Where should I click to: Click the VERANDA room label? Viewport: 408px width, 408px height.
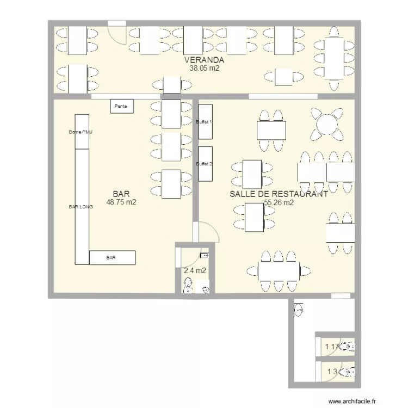pyautogui.click(x=204, y=60)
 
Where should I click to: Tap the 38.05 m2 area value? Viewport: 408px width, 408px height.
pyautogui.click(x=204, y=69)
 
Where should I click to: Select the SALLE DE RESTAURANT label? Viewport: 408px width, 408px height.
pyautogui.click(x=279, y=194)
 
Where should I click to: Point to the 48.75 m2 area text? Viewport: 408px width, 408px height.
pyautogui.click(x=121, y=202)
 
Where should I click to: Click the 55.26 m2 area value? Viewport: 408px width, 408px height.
pyautogui.click(x=279, y=203)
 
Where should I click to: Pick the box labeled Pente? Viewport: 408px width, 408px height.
pyautogui.click(x=121, y=107)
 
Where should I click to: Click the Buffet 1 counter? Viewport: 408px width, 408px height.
pyautogui.click(x=205, y=122)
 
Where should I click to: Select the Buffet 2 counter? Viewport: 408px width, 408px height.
pyautogui.click(x=205, y=164)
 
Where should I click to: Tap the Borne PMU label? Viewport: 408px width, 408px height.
pyautogui.click(x=81, y=132)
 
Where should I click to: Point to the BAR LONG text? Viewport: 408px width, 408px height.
pyautogui.click(x=81, y=207)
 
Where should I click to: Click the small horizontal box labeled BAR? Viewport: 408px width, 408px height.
pyautogui.click(x=112, y=257)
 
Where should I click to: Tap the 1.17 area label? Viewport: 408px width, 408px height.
pyautogui.click(x=331, y=345)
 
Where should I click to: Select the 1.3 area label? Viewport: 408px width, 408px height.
pyautogui.click(x=331, y=373)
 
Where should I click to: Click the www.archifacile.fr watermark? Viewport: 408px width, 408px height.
pyautogui.click(x=351, y=399)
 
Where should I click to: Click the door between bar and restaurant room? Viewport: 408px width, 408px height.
pyautogui.click(x=207, y=233)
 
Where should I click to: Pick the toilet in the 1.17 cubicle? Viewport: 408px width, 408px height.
pyautogui.click(x=348, y=346)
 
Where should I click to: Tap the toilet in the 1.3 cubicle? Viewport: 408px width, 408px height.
pyautogui.click(x=348, y=373)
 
